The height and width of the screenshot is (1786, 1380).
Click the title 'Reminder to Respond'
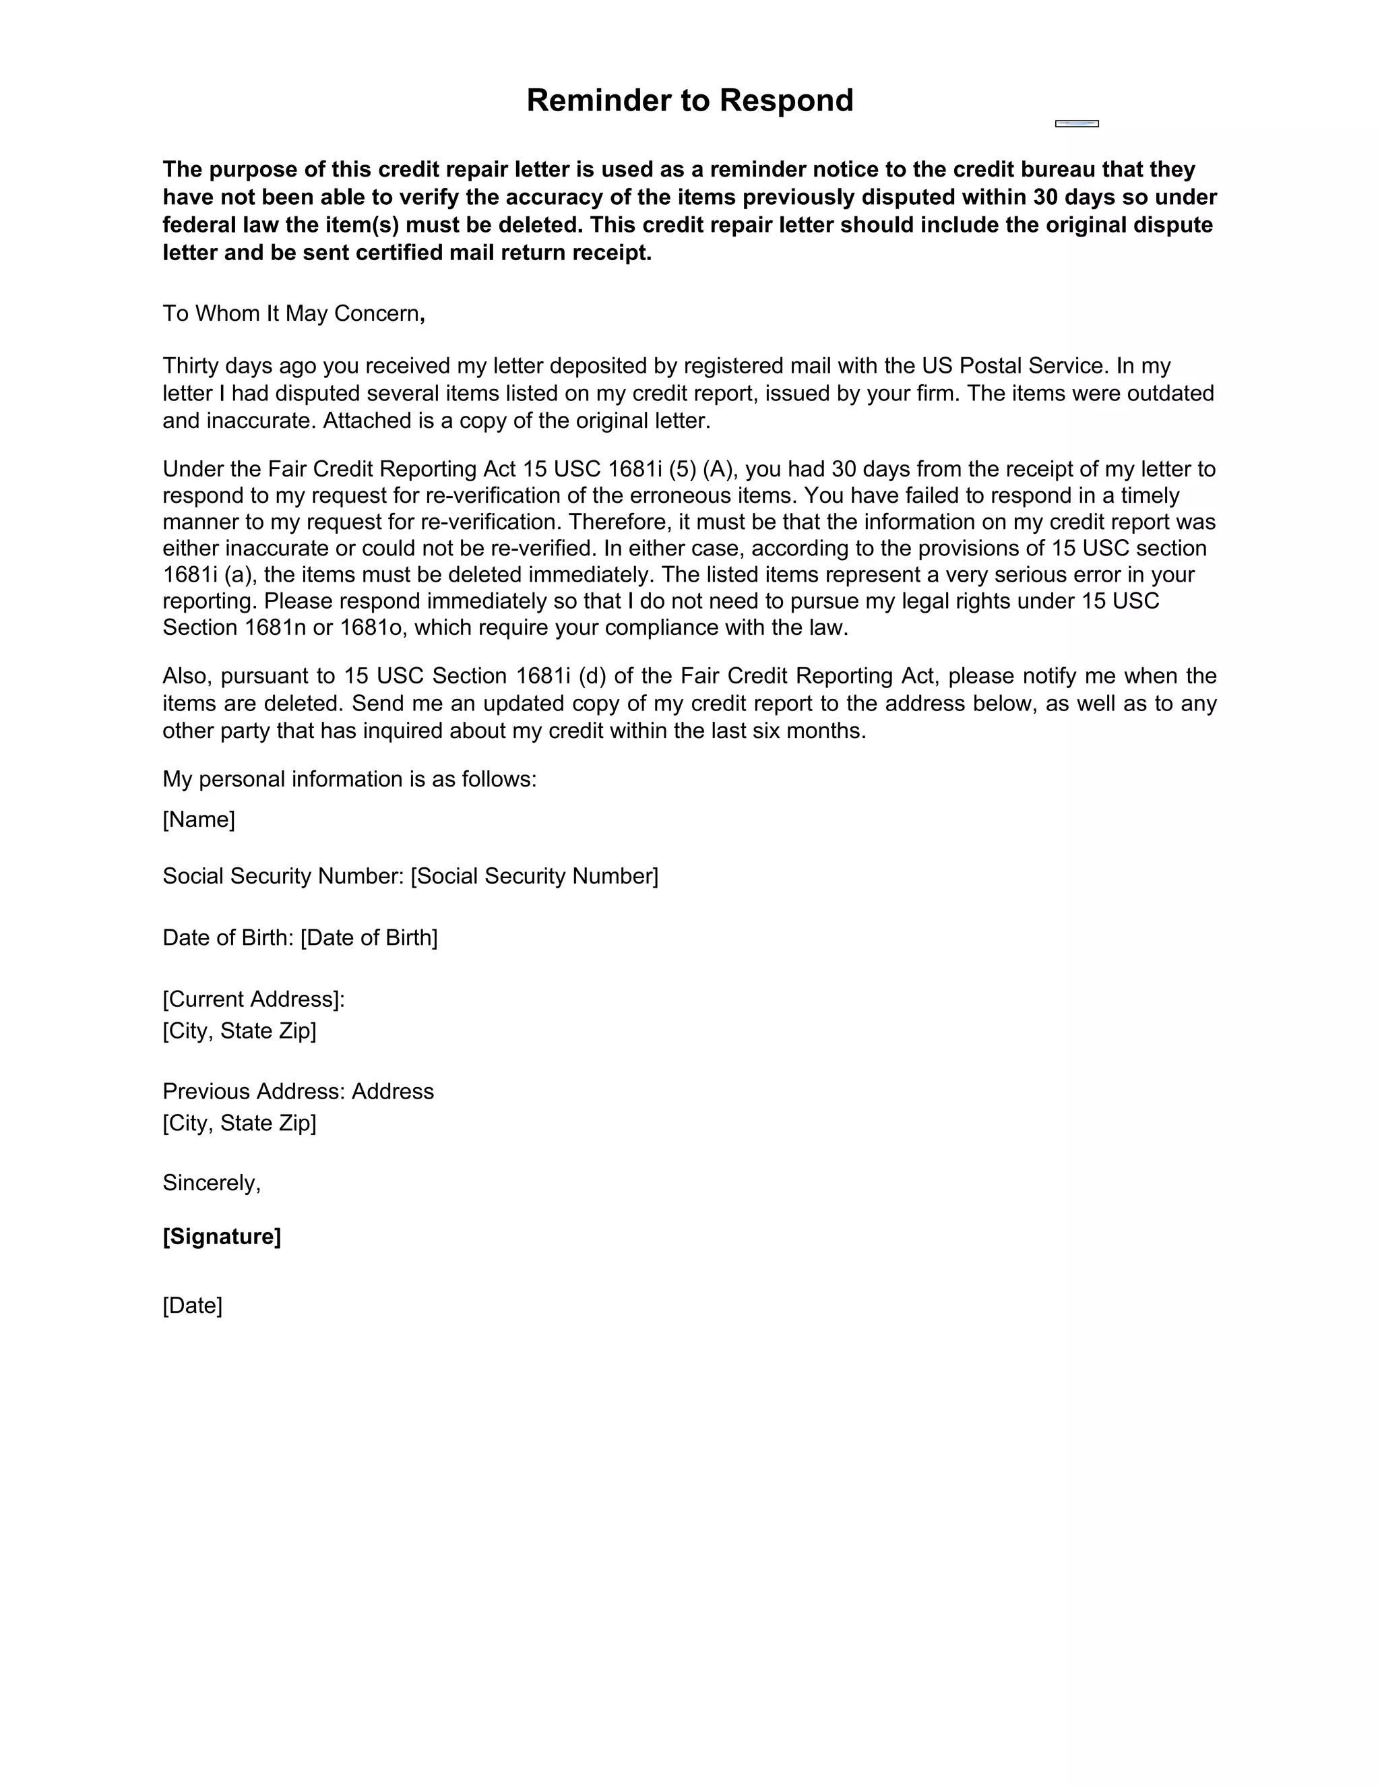tap(689, 100)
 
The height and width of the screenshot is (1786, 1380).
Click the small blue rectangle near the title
tap(1077, 123)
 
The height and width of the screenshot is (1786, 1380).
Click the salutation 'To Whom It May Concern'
tap(291, 314)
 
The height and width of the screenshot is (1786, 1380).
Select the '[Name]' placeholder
tap(199, 820)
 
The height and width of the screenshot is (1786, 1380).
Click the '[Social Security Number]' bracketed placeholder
tap(534, 877)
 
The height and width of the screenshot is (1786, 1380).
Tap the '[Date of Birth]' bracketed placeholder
tap(369, 938)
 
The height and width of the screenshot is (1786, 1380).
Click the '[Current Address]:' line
tap(253, 999)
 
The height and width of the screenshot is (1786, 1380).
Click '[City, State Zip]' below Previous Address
tap(239, 1123)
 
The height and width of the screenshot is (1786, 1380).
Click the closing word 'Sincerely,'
tap(212, 1183)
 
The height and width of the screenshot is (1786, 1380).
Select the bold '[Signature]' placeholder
tap(222, 1237)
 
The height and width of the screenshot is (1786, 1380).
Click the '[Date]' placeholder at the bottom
tap(192, 1305)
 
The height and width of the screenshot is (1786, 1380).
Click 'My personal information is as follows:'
tap(349, 779)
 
